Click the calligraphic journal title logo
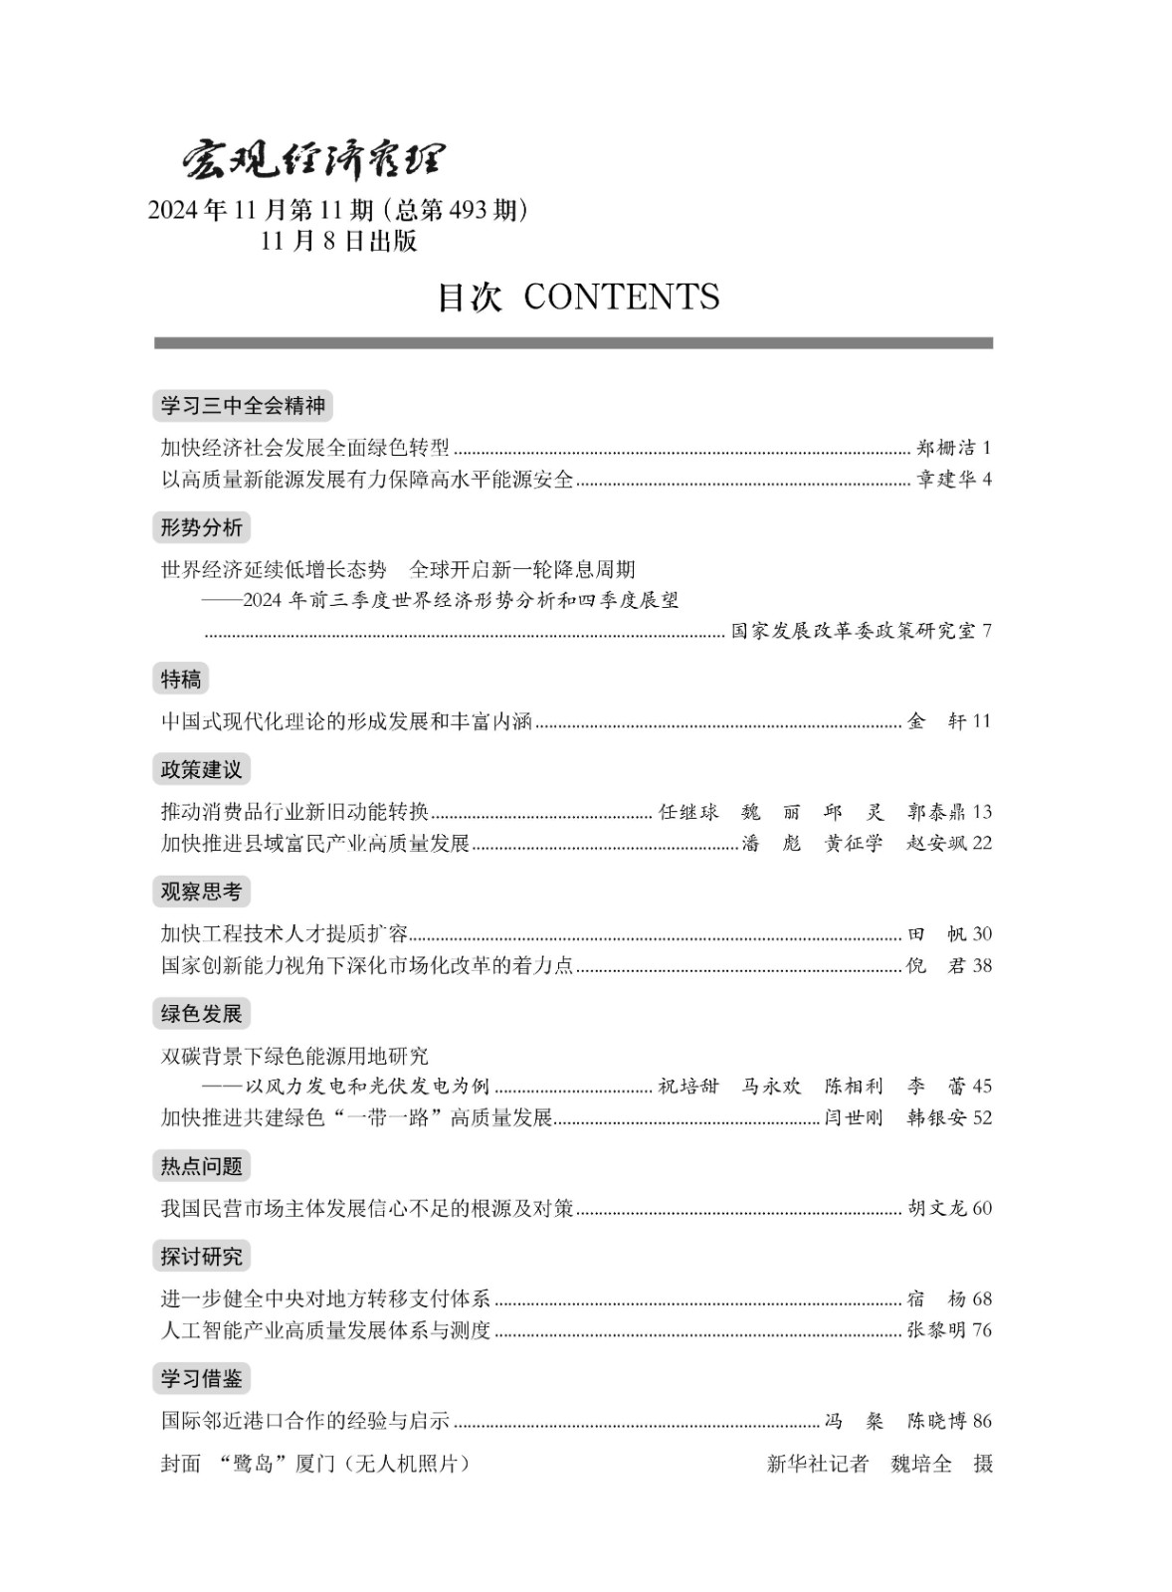click(312, 159)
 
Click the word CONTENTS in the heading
click(621, 297)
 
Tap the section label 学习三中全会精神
click(243, 406)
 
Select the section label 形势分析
click(201, 527)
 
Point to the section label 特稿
click(181, 680)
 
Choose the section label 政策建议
click(201, 769)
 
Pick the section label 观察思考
click(201, 892)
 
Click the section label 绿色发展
click(201, 1014)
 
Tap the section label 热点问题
click(201, 1166)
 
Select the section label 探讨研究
click(201, 1257)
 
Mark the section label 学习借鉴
click(201, 1379)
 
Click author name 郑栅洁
click(945, 448)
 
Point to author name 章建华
click(945, 480)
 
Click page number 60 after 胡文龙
click(982, 1209)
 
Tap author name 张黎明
click(936, 1330)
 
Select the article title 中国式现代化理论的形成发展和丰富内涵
click(346, 721)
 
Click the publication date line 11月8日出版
click(338, 242)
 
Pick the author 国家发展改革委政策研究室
click(853, 631)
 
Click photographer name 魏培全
click(921, 1464)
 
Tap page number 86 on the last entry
click(982, 1421)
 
